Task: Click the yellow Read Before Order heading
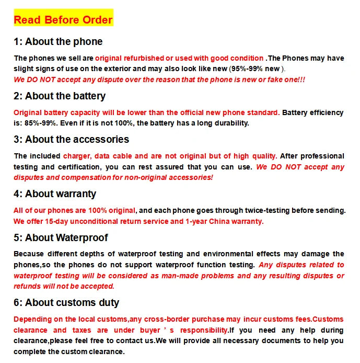(x=63, y=20)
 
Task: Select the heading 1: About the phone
(x=58, y=42)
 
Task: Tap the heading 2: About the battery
(x=60, y=96)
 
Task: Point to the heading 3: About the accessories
(x=71, y=140)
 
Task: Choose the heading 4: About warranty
(x=55, y=194)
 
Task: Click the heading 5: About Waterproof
(x=61, y=238)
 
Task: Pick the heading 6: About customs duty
(x=66, y=303)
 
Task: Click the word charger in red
(x=76, y=156)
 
